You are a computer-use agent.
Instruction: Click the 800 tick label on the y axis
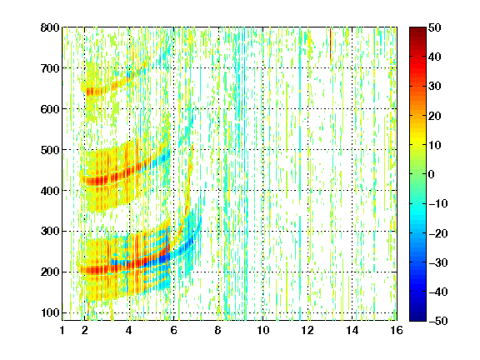tap(50, 27)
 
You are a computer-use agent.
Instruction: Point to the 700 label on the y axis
tap(50, 68)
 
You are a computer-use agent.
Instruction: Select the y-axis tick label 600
tap(50, 109)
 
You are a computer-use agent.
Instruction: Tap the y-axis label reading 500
tap(50, 150)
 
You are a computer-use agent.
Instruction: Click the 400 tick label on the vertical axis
tap(50, 191)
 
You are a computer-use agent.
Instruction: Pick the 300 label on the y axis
tap(50, 231)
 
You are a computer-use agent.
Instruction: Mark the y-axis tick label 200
tap(50, 272)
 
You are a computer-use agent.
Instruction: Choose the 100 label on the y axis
tap(50, 312)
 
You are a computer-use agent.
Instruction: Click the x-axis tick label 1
tap(62, 330)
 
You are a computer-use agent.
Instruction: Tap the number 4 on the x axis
tap(129, 330)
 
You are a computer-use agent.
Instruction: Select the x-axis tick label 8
tap(217, 330)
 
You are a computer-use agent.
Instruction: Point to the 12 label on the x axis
tap(307, 330)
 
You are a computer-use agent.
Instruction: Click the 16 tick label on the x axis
tap(397, 330)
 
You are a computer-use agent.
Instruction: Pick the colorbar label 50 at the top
tap(435, 27)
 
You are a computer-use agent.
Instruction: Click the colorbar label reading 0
tap(432, 174)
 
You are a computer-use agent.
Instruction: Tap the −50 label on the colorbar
tap(438, 321)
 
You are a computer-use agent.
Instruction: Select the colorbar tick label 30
tap(435, 86)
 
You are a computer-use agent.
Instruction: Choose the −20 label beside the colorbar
tap(438, 233)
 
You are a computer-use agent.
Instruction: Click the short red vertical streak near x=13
tap(331, 43)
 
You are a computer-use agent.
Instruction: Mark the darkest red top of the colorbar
tap(417, 30)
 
